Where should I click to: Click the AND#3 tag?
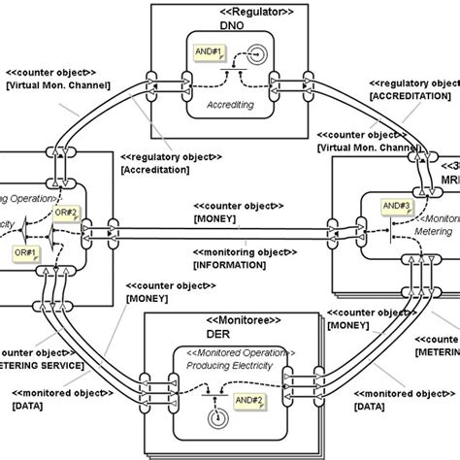(393, 205)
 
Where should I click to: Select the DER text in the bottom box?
(229, 333)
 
